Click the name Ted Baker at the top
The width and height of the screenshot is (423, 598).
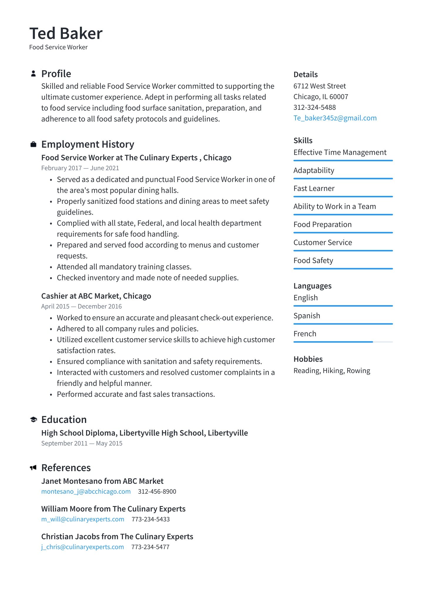coord(66,33)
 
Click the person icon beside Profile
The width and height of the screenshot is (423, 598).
coord(33,74)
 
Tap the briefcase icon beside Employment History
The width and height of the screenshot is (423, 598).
coord(33,144)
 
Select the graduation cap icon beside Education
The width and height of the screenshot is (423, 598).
coord(33,419)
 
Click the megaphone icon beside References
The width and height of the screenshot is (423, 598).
coord(33,468)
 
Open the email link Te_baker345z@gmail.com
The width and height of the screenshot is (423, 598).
coord(335,118)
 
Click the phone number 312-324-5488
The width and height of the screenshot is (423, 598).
coord(314,107)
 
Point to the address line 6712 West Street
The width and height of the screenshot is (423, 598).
coord(320,86)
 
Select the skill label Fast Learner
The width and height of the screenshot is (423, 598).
coord(314,189)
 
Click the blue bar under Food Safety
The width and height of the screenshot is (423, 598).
coord(343,268)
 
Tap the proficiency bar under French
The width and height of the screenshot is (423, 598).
coord(343,342)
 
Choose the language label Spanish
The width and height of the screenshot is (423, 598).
coord(307,316)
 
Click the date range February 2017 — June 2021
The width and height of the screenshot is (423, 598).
coord(80,168)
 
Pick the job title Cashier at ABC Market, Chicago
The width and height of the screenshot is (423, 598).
coord(96,296)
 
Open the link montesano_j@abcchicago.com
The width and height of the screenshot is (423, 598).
coord(86,492)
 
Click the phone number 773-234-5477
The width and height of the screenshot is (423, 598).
coord(150,547)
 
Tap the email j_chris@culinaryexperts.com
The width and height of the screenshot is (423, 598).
coord(83,547)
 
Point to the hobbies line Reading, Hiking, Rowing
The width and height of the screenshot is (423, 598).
coord(332,371)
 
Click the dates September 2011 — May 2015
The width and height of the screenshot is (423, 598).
coord(82,444)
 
